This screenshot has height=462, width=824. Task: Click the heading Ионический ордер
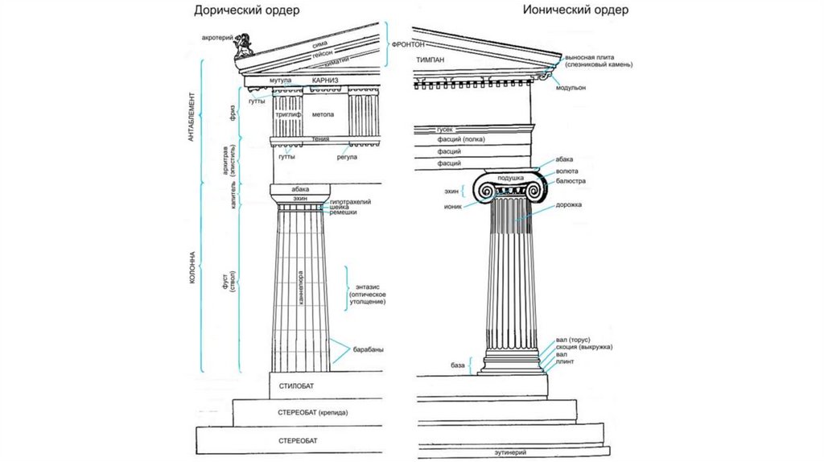coord(574,10)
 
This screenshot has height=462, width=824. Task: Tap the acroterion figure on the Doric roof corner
coord(243,46)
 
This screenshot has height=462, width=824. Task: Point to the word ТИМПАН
coord(431,60)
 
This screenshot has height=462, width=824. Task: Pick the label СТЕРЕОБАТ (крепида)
coord(312,412)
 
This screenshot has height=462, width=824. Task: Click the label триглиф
coord(288,115)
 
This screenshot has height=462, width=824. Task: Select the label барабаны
coord(367,349)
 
